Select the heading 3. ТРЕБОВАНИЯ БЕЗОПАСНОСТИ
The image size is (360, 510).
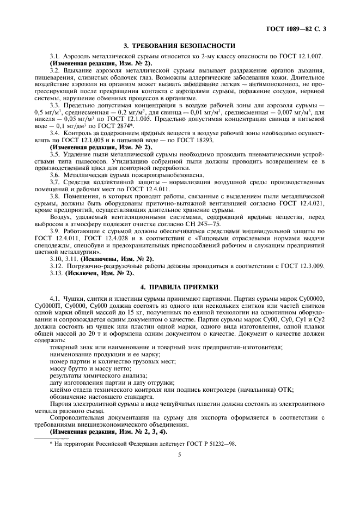(180, 46)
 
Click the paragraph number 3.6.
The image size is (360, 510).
(55, 175)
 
